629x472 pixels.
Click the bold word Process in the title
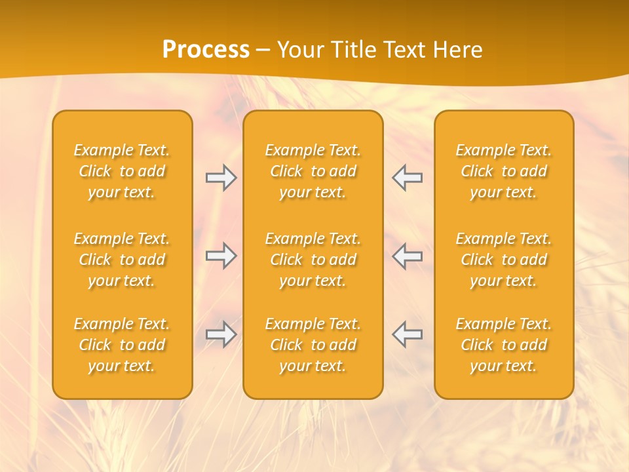206,50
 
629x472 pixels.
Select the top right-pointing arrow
221,178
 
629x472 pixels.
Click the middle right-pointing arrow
221,256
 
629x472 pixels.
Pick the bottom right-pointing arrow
221,334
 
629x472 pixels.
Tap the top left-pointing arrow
408,178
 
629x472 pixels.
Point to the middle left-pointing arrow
408,256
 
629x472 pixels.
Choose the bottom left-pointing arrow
408,334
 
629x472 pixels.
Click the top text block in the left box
122,171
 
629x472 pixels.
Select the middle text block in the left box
122,260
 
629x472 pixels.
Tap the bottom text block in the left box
122,345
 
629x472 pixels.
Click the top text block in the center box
313,171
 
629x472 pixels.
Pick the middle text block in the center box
313,260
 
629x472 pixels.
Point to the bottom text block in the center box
313,345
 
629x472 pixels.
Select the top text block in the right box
503,171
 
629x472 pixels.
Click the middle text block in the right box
503,260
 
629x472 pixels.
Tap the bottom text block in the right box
503,345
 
